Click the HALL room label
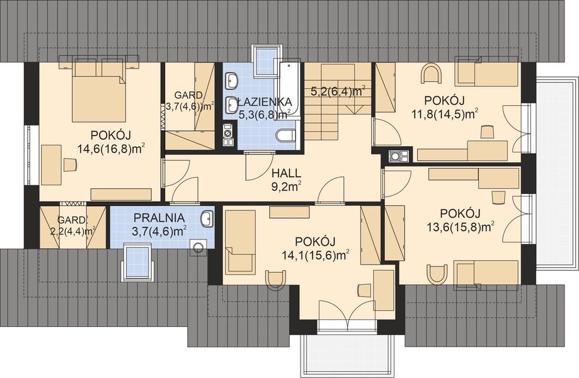(286, 173)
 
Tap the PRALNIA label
(159, 218)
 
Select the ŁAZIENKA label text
(265, 101)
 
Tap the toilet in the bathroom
(286, 135)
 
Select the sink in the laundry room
(207, 218)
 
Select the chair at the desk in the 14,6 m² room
(69, 164)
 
